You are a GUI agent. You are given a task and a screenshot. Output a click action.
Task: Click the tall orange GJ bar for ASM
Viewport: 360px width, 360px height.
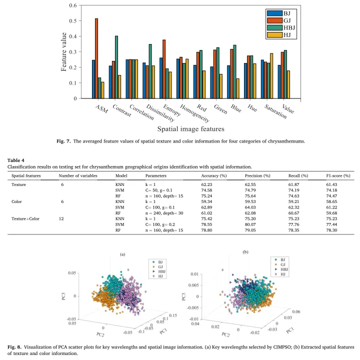click(96, 58)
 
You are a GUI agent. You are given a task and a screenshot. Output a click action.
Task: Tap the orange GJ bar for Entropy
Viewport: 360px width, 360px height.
click(164, 69)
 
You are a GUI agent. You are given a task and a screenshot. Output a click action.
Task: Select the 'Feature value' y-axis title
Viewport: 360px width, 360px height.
click(64, 52)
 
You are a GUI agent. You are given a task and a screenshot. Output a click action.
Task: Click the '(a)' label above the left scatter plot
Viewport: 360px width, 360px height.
click(122, 254)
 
